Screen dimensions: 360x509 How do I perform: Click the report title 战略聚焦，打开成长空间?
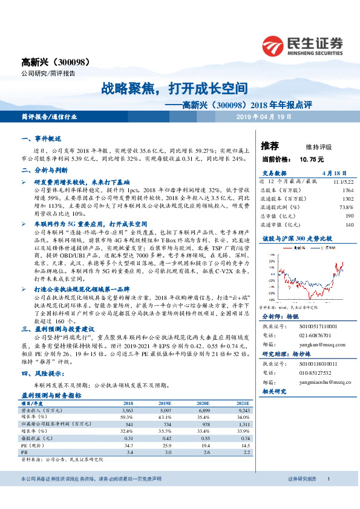pyautogui.click(x=175, y=88)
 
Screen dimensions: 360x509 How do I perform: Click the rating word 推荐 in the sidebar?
pyautogui.click(x=269, y=146)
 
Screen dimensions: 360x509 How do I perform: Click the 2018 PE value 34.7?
pyautogui.click(x=128, y=444)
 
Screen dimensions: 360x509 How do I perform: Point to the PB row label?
pyautogui.click(x=24, y=452)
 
